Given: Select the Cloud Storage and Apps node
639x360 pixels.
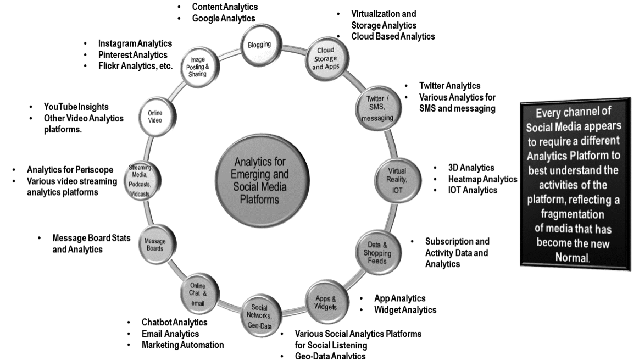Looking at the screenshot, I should pyautogui.click(x=325, y=59).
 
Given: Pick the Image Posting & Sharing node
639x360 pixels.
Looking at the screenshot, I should pyautogui.click(x=197, y=67).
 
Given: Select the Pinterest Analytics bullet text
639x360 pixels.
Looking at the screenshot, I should pyautogui.click(x=133, y=55).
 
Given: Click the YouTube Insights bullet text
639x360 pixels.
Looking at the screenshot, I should pyautogui.click(x=76, y=107).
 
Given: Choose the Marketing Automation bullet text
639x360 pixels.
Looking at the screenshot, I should pyautogui.click(x=182, y=345).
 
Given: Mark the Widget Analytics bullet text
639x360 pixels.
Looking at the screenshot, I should pyautogui.click(x=405, y=310).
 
